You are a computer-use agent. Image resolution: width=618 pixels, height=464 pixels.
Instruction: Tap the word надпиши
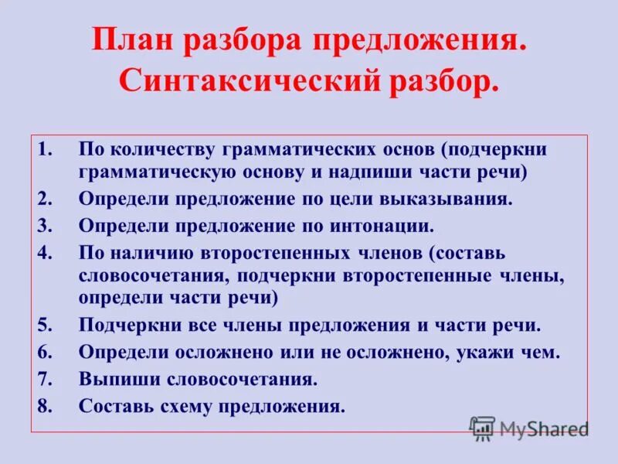point(381,171)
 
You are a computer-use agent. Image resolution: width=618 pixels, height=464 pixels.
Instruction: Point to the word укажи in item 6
point(486,353)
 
